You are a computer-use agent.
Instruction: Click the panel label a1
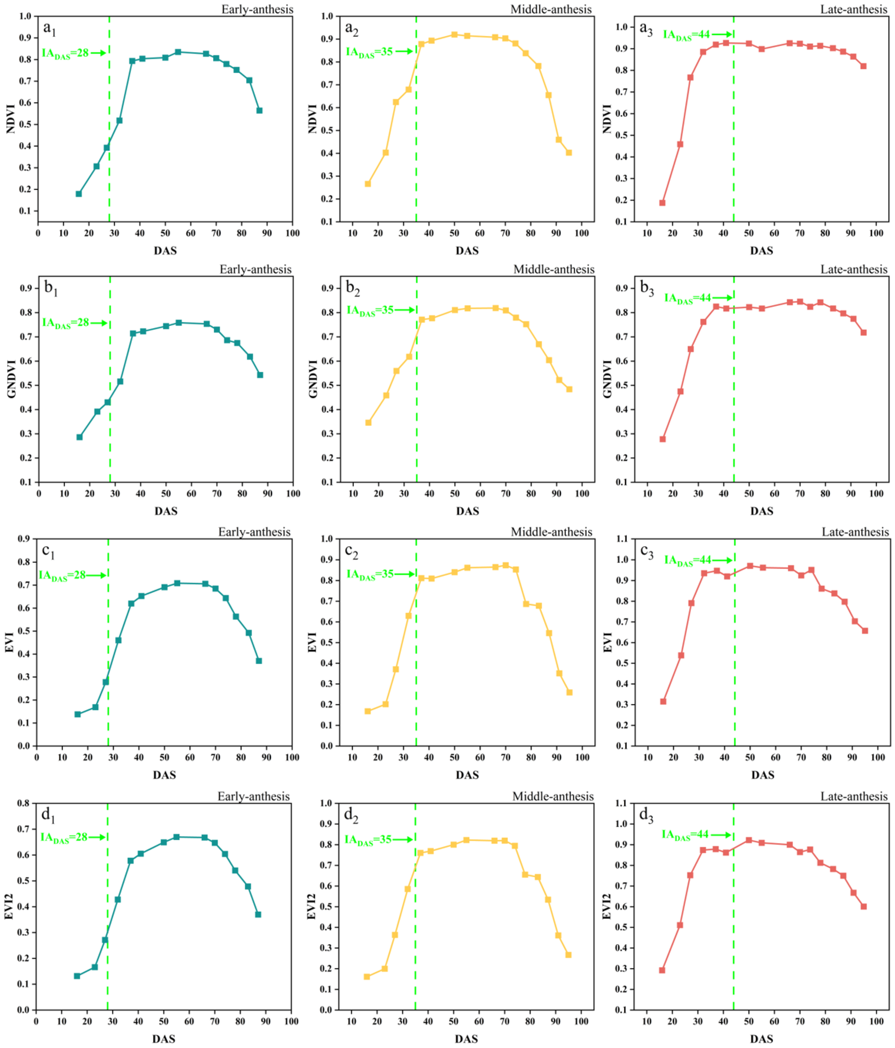point(49,29)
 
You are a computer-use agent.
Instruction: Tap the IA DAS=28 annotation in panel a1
point(66,53)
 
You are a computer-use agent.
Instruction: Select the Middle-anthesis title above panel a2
point(551,9)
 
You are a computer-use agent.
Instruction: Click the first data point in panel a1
point(79,194)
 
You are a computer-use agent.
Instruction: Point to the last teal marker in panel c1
point(259,661)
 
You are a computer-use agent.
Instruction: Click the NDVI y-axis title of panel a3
point(607,119)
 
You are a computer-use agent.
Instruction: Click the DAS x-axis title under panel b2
point(467,511)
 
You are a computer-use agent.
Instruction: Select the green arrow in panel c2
point(404,574)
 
